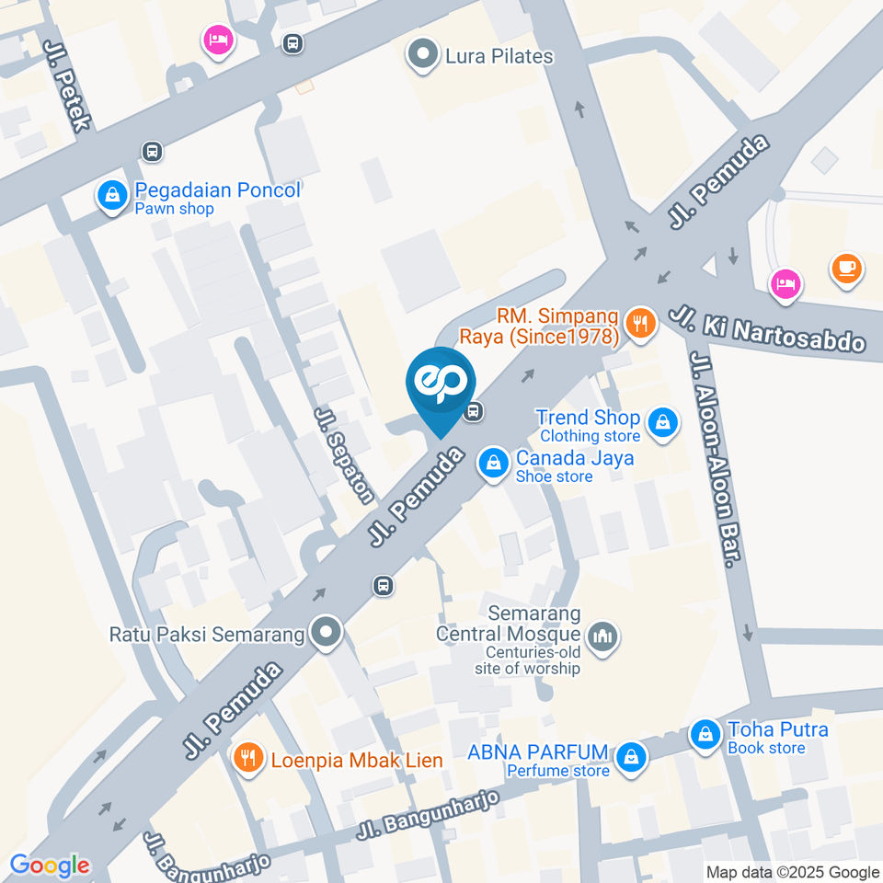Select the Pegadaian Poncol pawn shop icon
click(112, 195)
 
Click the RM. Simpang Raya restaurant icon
click(639, 323)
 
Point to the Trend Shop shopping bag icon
click(661, 423)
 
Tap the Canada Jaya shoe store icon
click(494, 463)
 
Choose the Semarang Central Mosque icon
click(603, 635)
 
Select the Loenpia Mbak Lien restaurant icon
click(247, 759)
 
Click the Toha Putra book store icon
click(705, 736)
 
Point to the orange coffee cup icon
click(845, 269)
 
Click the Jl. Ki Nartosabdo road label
click(768, 329)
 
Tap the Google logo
click(50, 865)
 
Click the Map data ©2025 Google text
click(793, 872)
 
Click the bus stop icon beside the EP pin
click(474, 411)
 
